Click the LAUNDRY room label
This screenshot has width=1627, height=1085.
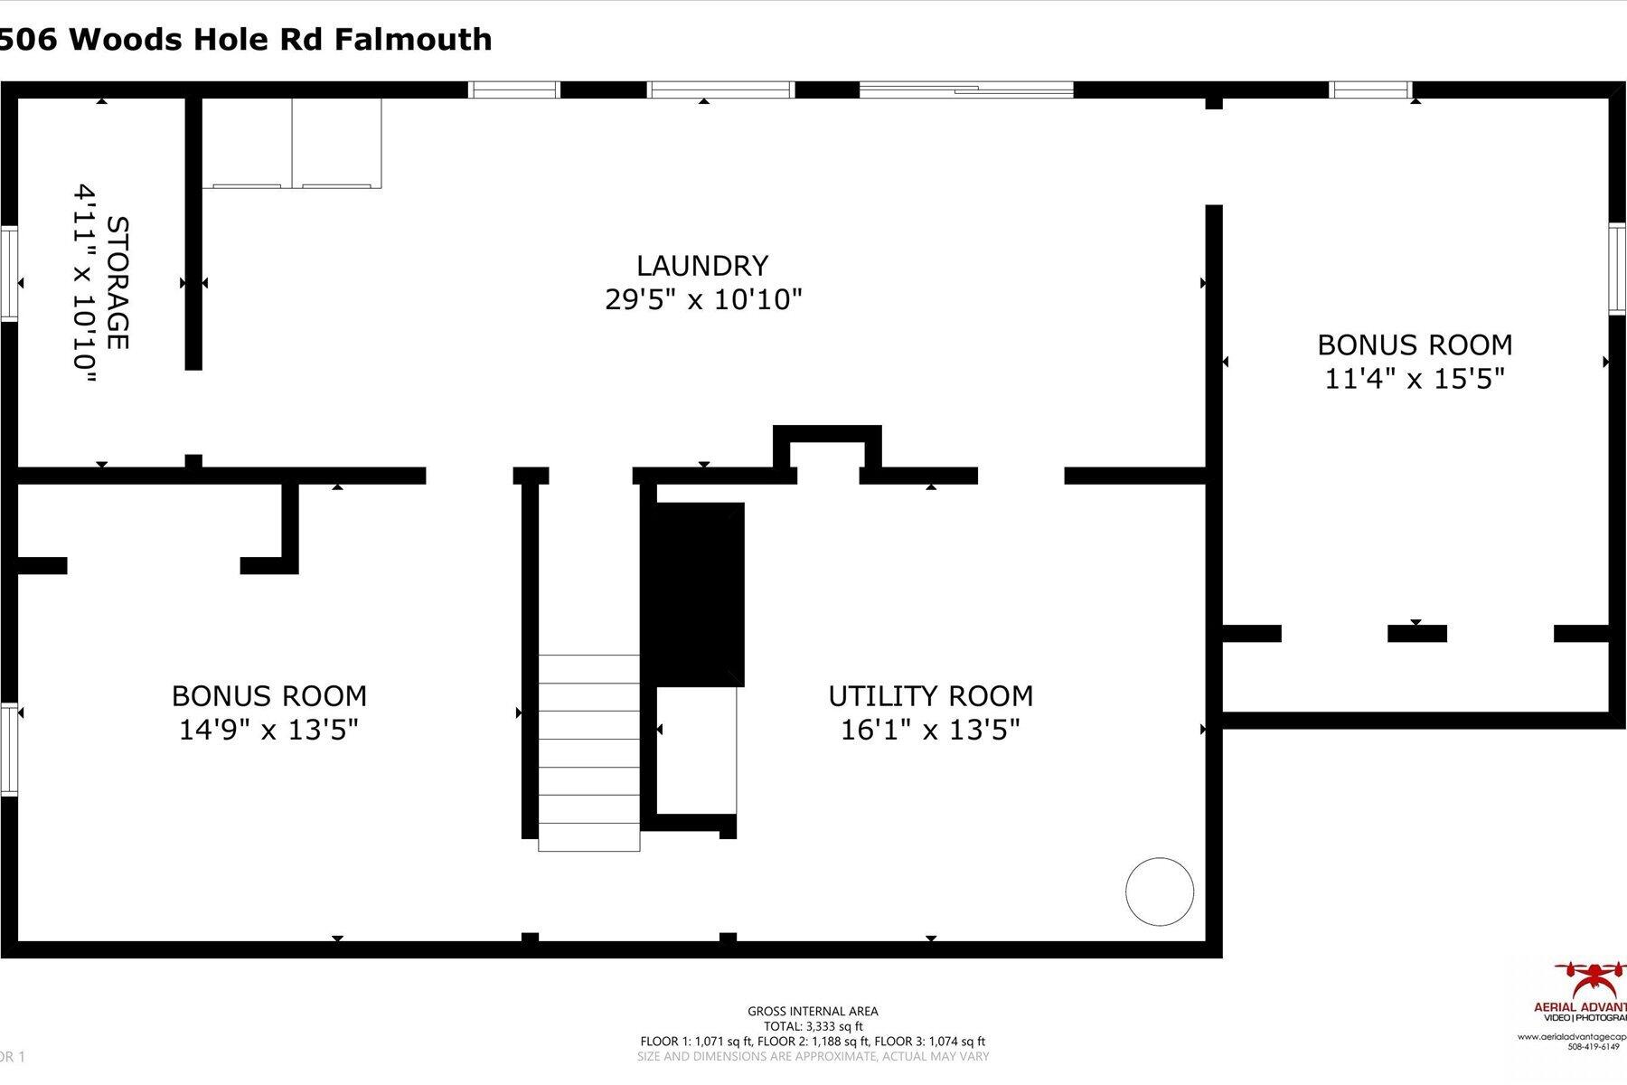(x=702, y=266)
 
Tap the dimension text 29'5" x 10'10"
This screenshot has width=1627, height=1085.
(x=703, y=299)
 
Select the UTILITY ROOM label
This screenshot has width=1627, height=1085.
(x=930, y=696)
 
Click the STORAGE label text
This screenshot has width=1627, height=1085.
(x=118, y=283)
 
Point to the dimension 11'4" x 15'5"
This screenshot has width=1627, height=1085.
(x=1414, y=379)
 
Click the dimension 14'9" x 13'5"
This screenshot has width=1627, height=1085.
(x=268, y=730)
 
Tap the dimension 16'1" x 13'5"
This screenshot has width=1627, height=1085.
(x=930, y=730)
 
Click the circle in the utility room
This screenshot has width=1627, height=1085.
(x=1159, y=892)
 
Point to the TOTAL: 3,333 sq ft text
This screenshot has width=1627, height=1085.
(x=813, y=1026)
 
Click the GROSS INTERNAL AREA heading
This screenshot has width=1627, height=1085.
(x=813, y=1012)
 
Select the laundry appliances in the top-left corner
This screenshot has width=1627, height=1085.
(x=292, y=143)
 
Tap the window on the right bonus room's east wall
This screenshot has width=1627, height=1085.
(x=1618, y=269)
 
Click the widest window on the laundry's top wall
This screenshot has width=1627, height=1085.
(x=965, y=90)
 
